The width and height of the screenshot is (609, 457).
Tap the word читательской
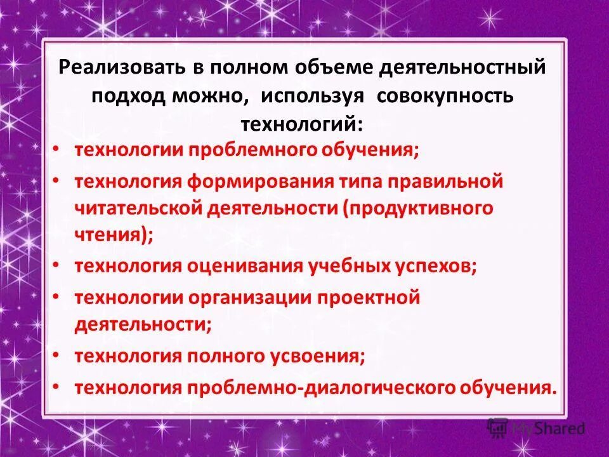[x=136, y=209]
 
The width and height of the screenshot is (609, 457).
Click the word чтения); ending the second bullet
[x=114, y=235]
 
